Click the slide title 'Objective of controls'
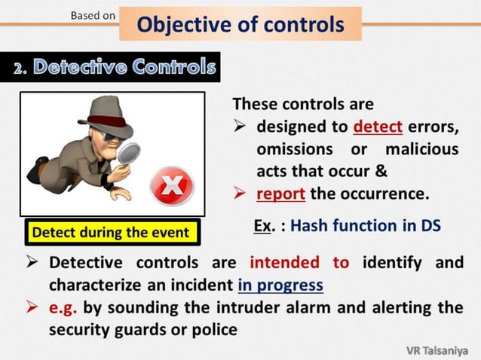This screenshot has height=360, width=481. (x=240, y=24)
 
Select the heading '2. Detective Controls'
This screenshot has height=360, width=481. (x=115, y=68)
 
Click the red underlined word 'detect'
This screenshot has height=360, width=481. (x=378, y=125)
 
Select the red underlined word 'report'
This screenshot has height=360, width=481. (x=280, y=194)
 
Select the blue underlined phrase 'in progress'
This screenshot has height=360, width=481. (x=280, y=285)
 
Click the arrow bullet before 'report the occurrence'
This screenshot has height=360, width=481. (x=241, y=195)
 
